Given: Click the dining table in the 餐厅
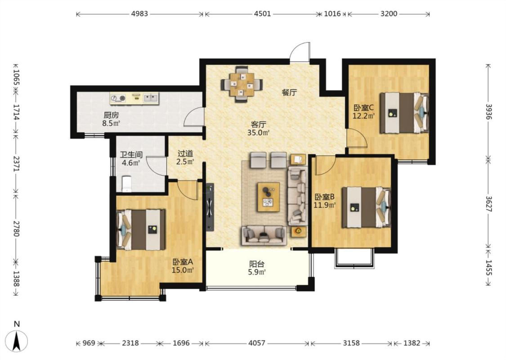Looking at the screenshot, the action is tap(242, 85).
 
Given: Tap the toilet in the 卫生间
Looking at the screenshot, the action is tap(126, 184).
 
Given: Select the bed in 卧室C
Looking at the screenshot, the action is tap(404, 113).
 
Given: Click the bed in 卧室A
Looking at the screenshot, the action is tap(140, 229).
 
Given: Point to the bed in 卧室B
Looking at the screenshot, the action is tap(366, 207).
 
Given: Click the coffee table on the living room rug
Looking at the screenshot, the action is tap(269, 197).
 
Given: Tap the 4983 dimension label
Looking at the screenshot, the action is tap(140, 14).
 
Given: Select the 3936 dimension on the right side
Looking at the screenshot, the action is tap(488, 112).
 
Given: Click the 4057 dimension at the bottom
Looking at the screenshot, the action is tap(257, 343).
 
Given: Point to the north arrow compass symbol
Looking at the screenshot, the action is tap(17, 341).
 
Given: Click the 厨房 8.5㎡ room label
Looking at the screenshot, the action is tap(111, 119).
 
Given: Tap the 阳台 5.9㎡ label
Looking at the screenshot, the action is tap(257, 268).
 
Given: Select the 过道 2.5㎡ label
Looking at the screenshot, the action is tap(185, 157).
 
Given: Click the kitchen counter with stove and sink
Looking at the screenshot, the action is tap(134, 99).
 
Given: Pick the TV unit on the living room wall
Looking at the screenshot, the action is tap(210, 207).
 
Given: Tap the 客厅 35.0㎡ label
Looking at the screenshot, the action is tap(259, 128).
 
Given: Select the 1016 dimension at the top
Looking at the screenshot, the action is tap(332, 14).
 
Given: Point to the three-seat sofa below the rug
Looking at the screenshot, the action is tap(264, 235).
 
